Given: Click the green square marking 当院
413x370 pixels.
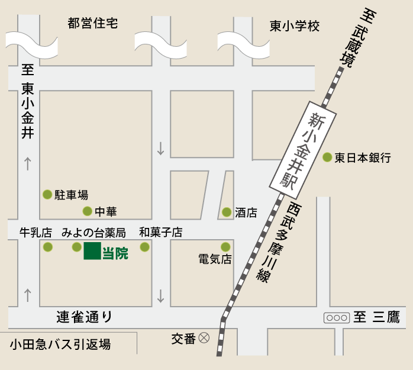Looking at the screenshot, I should point(92,250).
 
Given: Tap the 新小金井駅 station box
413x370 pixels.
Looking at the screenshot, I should point(304,146).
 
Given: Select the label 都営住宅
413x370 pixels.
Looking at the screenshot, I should point(93,24).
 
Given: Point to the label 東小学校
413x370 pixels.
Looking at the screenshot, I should point(295,26).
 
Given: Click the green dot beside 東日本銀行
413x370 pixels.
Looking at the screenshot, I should point(327,157).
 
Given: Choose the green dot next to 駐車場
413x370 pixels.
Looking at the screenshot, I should point(47,194).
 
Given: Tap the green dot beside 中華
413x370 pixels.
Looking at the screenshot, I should point(87,211).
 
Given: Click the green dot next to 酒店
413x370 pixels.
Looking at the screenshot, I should point(227,212).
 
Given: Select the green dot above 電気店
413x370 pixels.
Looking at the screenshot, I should point(225,247).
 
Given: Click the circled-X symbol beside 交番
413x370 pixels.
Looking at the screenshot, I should point(204,338).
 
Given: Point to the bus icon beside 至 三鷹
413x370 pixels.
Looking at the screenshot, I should point(336,317).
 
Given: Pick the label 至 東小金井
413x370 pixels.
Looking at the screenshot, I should point(28,102).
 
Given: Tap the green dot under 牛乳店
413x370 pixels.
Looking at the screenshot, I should point(48,247).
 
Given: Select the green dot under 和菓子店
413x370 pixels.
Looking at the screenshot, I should point(144,247).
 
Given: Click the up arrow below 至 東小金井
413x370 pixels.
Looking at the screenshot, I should point(27,163).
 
